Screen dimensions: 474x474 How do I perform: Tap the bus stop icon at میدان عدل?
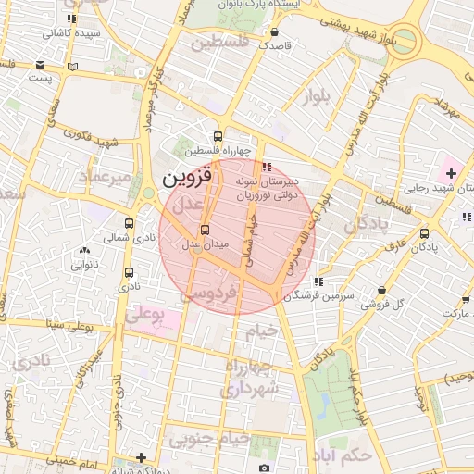tap(205, 230)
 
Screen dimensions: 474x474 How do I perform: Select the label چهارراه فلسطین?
tap(217, 151)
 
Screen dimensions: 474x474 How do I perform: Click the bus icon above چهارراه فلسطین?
tap(218, 135)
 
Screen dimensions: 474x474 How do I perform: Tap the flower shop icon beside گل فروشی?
tap(382, 289)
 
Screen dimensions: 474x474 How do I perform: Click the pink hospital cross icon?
tap(450, 173)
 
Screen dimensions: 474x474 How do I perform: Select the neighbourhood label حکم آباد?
tap(343, 456)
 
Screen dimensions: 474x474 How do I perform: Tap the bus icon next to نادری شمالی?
tap(129, 223)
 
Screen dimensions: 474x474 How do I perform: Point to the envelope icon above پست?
tap(40, 64)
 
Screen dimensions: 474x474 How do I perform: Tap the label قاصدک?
tap(275, 44)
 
